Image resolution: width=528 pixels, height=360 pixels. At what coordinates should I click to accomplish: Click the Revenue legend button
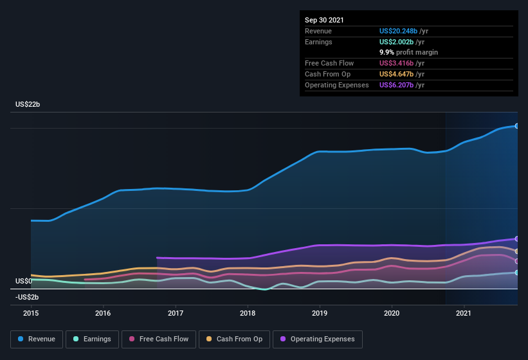[x=37, y=339]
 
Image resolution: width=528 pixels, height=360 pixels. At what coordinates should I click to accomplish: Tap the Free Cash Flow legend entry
[x=158, y=339]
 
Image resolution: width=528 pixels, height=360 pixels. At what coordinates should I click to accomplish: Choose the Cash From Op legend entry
[x=234, y=339]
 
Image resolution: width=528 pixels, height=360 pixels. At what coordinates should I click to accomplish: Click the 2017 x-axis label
[x=176, y=313]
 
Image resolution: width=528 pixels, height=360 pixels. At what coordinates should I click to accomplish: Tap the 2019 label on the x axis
[x=320, y=313]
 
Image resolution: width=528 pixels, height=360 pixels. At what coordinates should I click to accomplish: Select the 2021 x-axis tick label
[x=464, y=313]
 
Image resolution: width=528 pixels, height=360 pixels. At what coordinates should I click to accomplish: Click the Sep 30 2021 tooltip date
[x=324, y=20]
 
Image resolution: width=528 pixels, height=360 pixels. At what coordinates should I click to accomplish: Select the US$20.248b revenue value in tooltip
[x=402, y=31]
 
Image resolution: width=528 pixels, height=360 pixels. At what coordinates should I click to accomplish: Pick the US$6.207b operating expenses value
[x=400, y=85]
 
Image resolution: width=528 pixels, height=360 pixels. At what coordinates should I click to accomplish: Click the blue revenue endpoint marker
[x=517, y=126]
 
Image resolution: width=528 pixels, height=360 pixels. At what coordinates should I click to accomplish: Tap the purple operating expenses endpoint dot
[x=517, y=239]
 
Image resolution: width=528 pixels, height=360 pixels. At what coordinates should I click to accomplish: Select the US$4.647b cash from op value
[x=400, y=74]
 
